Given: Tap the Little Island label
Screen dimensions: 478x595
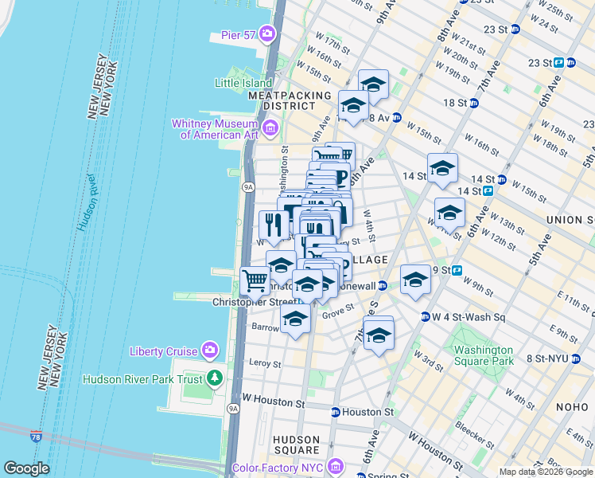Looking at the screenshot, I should (243, 82).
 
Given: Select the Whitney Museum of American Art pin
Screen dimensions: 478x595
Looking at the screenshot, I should (270, 127).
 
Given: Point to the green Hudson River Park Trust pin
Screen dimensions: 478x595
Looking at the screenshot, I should (213, 376).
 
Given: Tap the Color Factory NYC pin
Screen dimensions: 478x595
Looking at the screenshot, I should (336, 465).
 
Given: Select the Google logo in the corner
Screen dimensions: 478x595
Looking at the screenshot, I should (26, 468).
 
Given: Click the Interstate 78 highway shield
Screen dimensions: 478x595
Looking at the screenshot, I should (37, 436).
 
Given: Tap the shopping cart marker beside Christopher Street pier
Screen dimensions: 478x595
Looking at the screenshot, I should (255, 280).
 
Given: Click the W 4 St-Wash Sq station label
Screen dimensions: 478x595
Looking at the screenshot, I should (463, 316).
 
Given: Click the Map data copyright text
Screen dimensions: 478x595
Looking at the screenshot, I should (546, 472).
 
